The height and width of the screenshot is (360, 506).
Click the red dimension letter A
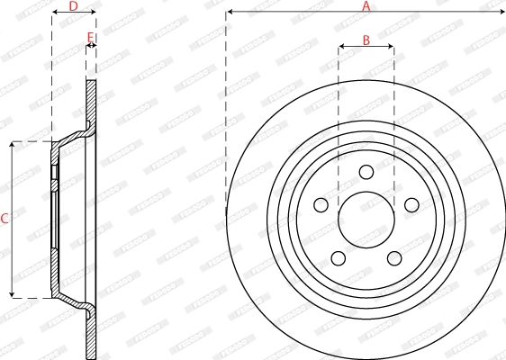click(x=366, y=6)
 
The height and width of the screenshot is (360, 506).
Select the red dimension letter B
click(x=366, y=40)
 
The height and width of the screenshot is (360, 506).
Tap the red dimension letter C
click(x=5, y=219)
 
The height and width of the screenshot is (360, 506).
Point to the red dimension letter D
click(x=73, y=6)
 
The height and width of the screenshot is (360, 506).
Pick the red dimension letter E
click(x=89, y=38)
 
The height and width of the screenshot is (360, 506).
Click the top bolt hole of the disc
click(x=366, y=172)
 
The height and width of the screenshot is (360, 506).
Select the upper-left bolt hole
click(x=321, y=205)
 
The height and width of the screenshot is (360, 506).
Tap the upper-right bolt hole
click(x=411, y=205)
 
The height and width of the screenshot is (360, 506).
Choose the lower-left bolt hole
click(x=338, y=258)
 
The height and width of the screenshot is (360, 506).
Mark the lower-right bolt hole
click(x=393, y=258)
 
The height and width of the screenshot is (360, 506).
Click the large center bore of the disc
click(x=366, y=219)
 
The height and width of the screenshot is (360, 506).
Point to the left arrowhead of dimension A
click(x=229, y=12)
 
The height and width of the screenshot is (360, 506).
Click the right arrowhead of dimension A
click(x=502, y=12)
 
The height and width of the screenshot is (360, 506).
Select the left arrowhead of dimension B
click(x=341, y=46)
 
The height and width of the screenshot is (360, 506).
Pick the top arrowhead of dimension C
click(x=12, y=144)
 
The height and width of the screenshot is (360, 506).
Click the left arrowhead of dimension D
click(x=54, y=13)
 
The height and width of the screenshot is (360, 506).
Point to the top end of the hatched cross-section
click(x=91, y=83)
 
